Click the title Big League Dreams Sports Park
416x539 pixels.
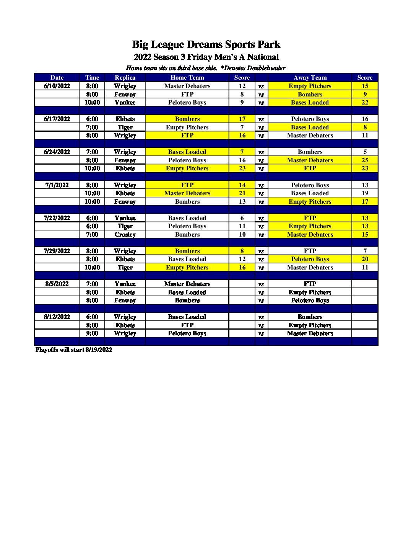[206, 44]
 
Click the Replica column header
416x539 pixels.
[125, 77]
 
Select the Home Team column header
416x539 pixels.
[187, 77]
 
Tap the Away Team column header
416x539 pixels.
[310, 77]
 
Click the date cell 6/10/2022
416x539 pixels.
[57, 86]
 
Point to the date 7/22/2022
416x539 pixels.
[57, 218]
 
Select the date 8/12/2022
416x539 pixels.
[57, 317]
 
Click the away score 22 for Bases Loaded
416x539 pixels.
[365, 102]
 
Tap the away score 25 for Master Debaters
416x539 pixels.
[365, 160]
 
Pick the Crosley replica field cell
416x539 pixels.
[125, 234]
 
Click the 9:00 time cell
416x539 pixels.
[92, 333]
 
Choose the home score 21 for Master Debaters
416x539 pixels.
[242, 193]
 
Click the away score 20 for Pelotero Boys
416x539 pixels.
[365, 259]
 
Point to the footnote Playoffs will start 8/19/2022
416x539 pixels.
[74, 350]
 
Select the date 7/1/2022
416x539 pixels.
[57, 185]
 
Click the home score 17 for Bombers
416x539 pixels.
[242, 119]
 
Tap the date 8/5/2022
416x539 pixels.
[57, 284]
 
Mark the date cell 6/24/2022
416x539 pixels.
[57, 152]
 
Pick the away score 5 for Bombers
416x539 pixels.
[365, 152]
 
